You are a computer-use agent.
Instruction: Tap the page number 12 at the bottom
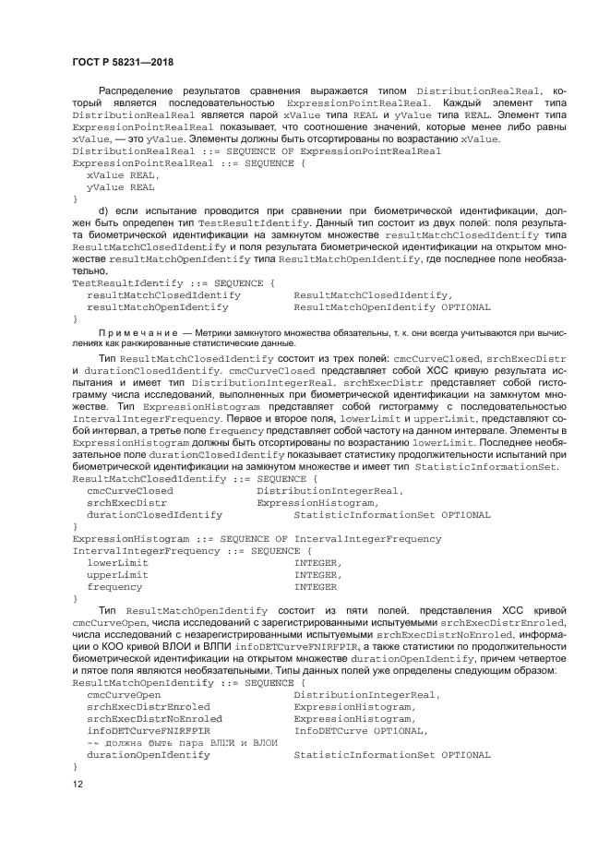pyautogui.click(x=78, y=784)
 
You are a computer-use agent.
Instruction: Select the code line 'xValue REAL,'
pyautogui.click(x=123, y=174)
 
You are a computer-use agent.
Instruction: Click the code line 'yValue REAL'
pyautogui.click(x=120, y=186)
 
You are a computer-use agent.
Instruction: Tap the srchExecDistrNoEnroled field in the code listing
pyautogui.click(x=154, y=718)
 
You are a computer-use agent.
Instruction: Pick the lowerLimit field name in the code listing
pyautogui.click(x=117, y=562)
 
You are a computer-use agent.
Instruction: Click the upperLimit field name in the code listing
pyautogui.click(x=117, y=574)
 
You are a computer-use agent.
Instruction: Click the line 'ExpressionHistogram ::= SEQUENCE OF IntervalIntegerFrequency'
pyautogui.click(x=257, y=538)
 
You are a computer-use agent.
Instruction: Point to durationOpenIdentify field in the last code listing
pyautogui.click(x=148, y=754)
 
